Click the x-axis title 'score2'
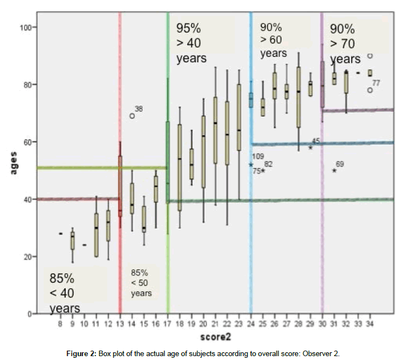click(x=214, y=336)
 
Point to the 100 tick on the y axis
click(x=28, y=27)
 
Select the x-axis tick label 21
click(x=214, y=324)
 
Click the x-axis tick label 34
click(x=370, y=324)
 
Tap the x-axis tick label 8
click(x=60, y=324)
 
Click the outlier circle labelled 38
click(x=133, y=116)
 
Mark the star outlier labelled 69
click(x=334, y=171)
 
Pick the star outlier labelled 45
click(x=311, y=147)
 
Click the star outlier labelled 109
click(x=251, y=165)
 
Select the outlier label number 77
click(x=376, y=83)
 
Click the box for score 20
click(x=203, y=151)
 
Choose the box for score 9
click(x=72, y=241)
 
